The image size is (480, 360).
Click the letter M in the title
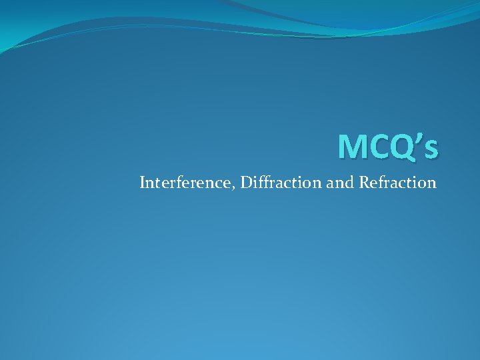(x=351, y=147)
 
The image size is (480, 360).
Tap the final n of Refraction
(x=432, y=183)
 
